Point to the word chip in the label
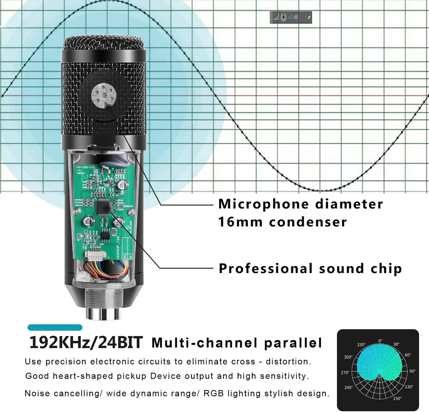tap(386, 269)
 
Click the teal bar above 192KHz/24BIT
tap(54, 328)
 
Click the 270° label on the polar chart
tap(345, 373)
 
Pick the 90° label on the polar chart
tap(412, 371)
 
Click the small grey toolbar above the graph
tap(291, 17)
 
